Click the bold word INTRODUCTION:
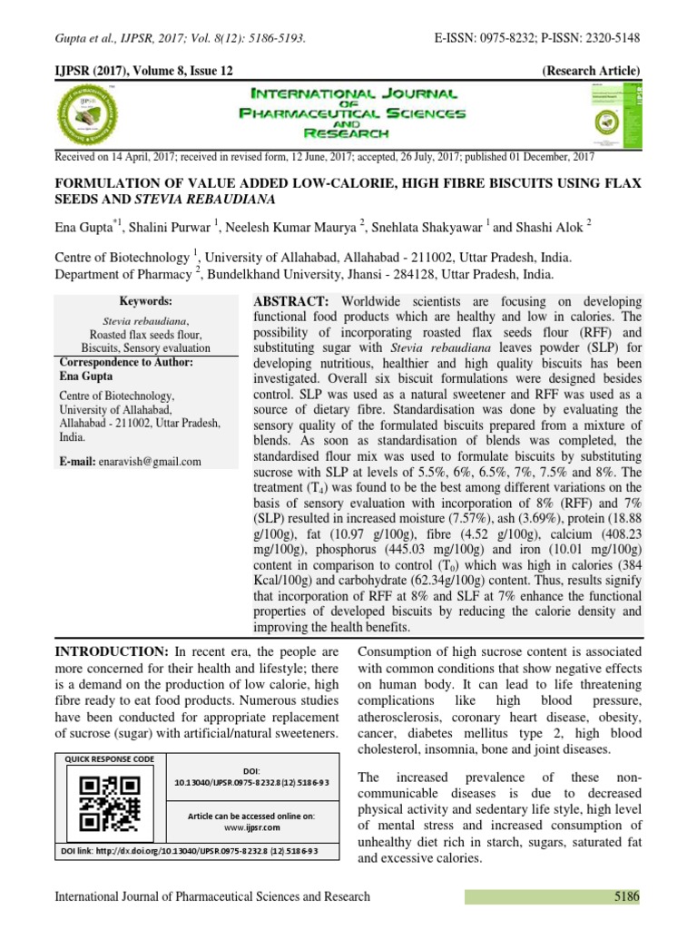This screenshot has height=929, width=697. pyautogui.click(x=111, y=652)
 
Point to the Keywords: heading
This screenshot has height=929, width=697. pyautogui.click(x=146, y=301)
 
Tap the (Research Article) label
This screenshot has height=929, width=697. pyautogui.click(x=591, y=71)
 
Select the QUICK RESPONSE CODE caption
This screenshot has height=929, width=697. pyautogui.click(x=109, y=758)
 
